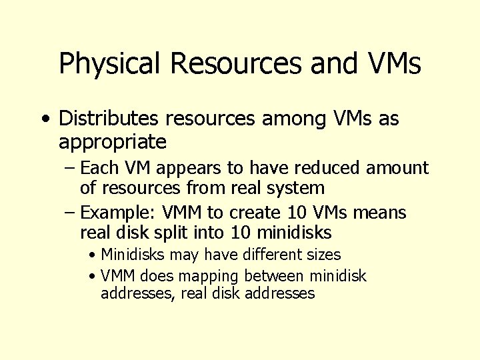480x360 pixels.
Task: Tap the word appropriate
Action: click(113, 142)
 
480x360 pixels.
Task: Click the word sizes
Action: click(323, 255)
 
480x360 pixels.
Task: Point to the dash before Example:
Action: click(70, 213)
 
